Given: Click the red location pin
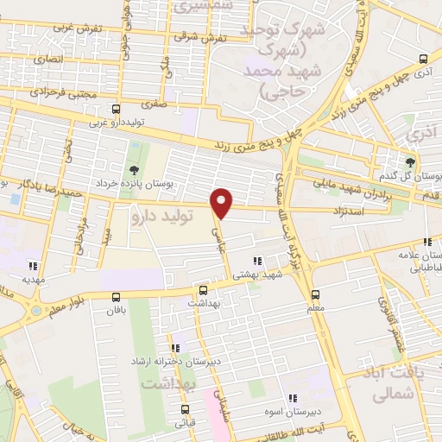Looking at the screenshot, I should coord(222,202).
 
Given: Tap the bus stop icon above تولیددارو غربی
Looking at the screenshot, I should coord(117,109).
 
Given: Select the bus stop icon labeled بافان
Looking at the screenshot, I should coord(117,296).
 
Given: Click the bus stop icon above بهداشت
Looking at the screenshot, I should coord(203,291).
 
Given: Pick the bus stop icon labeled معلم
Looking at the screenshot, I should coord(315,294).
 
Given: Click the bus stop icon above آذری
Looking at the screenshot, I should coord(422,60).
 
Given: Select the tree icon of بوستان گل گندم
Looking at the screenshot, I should coord(410,161).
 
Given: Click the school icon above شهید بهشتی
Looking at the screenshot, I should coord(256,261).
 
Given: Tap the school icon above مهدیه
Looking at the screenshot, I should coord(34,266).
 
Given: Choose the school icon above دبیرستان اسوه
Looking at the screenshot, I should coord(293,398).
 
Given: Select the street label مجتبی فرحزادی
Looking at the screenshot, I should coord(58,90).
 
